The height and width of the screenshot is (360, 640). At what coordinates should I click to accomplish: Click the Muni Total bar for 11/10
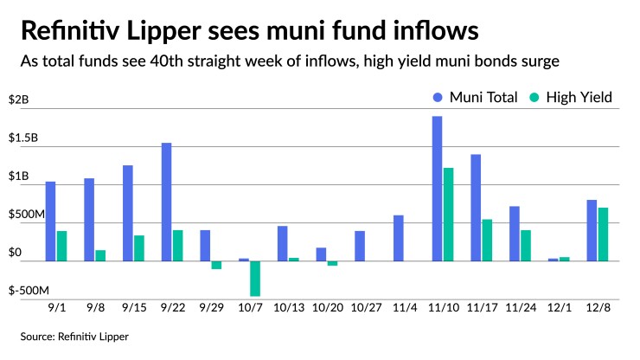point(438,189)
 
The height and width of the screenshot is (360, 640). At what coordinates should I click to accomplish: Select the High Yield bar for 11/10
point(449,215)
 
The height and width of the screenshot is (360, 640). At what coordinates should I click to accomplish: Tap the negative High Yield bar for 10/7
point(255,278)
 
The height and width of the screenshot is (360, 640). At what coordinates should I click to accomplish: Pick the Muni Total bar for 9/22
point(166,202)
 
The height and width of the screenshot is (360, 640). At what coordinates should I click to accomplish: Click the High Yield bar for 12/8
point(603,235)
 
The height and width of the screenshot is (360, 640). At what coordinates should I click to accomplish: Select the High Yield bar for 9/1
point(61,246)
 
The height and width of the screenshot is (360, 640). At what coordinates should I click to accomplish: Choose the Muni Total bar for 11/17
point(476,208)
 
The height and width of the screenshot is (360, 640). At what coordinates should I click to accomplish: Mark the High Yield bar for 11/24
point(526,246)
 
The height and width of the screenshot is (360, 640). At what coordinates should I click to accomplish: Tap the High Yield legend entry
point(574,97)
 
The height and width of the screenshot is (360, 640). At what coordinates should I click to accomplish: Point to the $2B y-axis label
point(19,100)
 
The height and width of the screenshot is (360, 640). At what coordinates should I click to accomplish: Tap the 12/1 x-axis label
point(558,306)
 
